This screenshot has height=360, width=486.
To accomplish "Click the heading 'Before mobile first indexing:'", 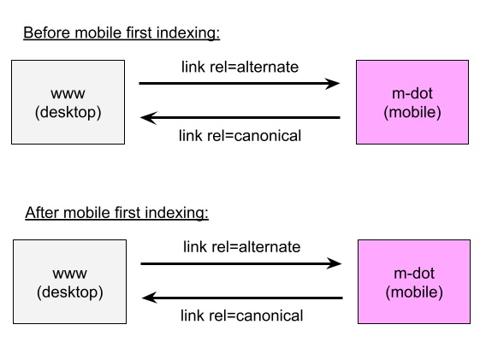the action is (x=121, y=32).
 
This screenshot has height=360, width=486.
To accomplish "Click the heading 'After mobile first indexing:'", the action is (x=117, y=213).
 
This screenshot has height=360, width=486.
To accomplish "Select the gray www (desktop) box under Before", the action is (x=68, y=103).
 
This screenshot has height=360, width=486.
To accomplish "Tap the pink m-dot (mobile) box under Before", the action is (x=412, y=103).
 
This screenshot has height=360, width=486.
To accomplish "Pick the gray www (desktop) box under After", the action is (x=70, y=281).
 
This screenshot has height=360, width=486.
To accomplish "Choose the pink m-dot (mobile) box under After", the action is (x=414, y=281).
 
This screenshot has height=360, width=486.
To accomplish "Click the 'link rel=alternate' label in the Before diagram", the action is (x=240, y=67).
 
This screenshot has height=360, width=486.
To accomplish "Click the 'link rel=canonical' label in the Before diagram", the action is (x=240, y=136).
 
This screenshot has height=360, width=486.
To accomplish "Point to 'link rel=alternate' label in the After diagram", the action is (x=242, y=247).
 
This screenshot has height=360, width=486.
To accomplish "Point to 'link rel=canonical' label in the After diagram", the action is (x=242, y=316).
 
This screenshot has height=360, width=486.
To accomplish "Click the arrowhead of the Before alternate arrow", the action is (x=332, y=84).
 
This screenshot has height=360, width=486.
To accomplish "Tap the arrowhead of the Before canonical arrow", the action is (x=148, y=118).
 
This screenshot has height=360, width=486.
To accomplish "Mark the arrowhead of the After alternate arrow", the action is (x=334, y=263).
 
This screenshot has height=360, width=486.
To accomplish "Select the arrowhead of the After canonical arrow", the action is (x=150, y=298).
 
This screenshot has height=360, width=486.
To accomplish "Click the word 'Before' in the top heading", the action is (x=47, y=32).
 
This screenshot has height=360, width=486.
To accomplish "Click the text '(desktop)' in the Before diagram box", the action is (x=68, y=112).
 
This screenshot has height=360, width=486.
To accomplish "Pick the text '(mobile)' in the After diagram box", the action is (x=414, y=292).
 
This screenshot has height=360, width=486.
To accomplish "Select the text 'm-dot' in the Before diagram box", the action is (x=412, y=93).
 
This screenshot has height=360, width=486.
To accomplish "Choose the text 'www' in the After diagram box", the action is (x=70, y=274).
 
